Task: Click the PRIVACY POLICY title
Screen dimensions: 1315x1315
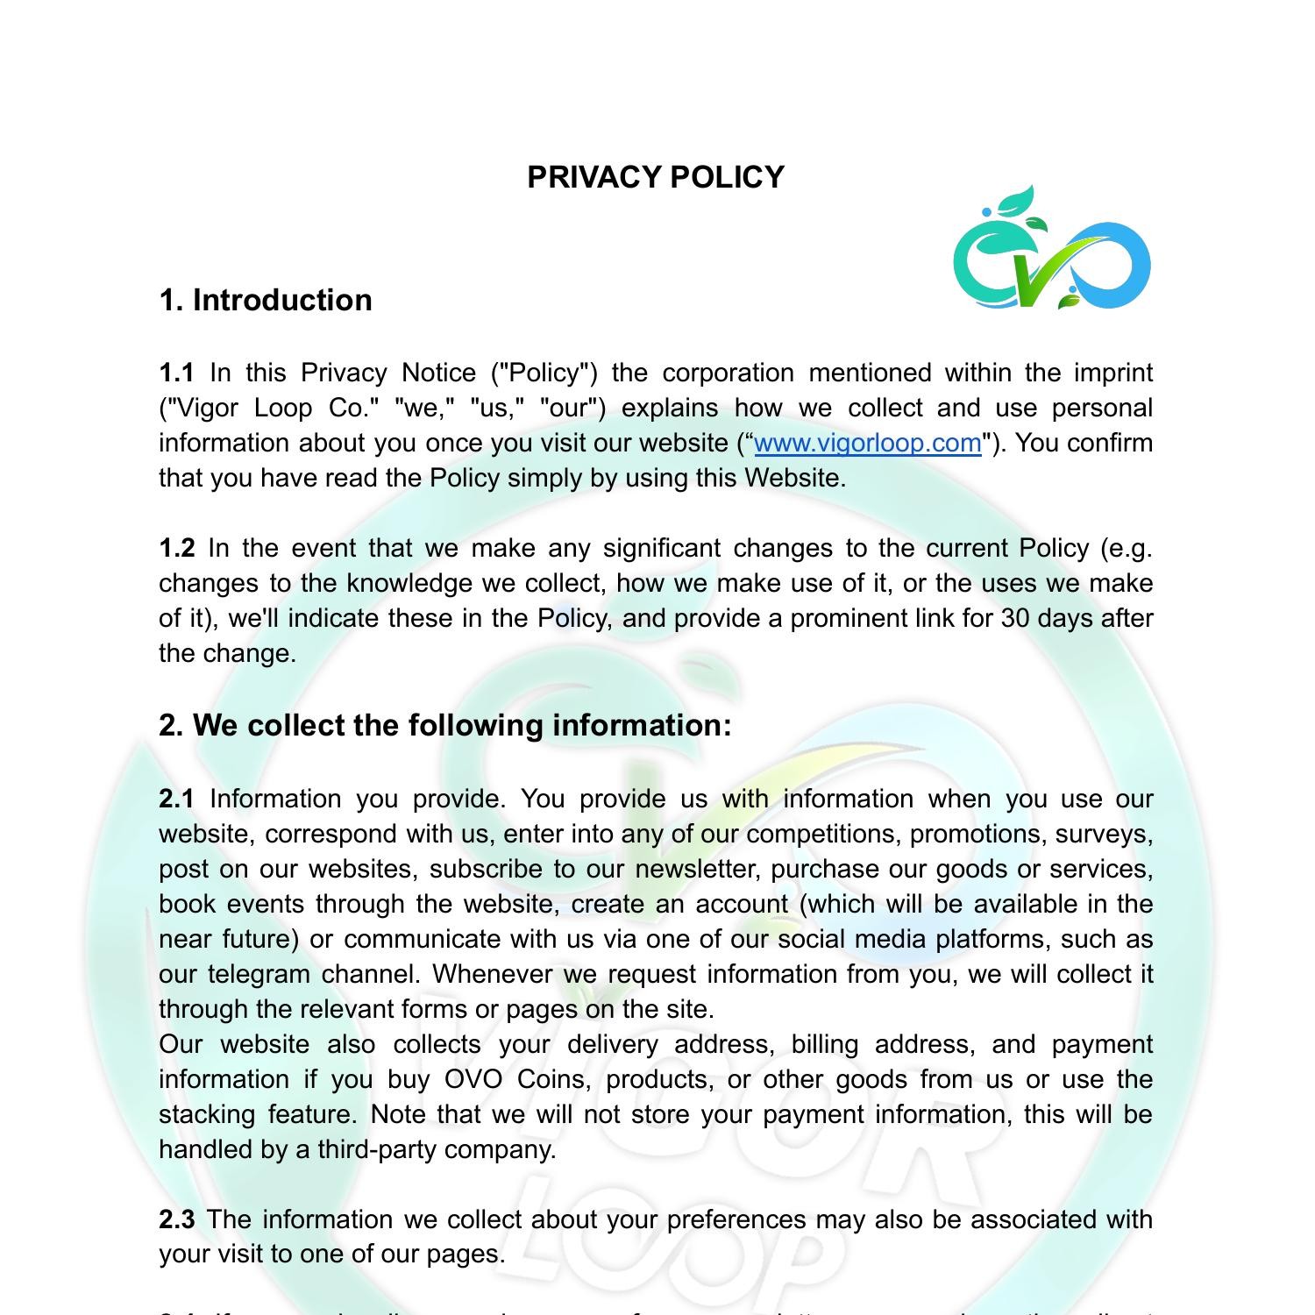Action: click(656, 177)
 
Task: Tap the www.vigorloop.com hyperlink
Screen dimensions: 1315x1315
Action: click(867, 443)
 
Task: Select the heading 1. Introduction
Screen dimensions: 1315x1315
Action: click(266, 300)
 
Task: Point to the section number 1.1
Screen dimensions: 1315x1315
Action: click(176, 373)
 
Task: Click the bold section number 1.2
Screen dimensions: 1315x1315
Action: click(176, 548)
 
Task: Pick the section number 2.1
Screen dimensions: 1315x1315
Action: click(176, 799)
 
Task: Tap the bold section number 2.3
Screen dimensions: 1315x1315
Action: click(176, 1219)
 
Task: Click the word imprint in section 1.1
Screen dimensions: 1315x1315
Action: click(1113, 373)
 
